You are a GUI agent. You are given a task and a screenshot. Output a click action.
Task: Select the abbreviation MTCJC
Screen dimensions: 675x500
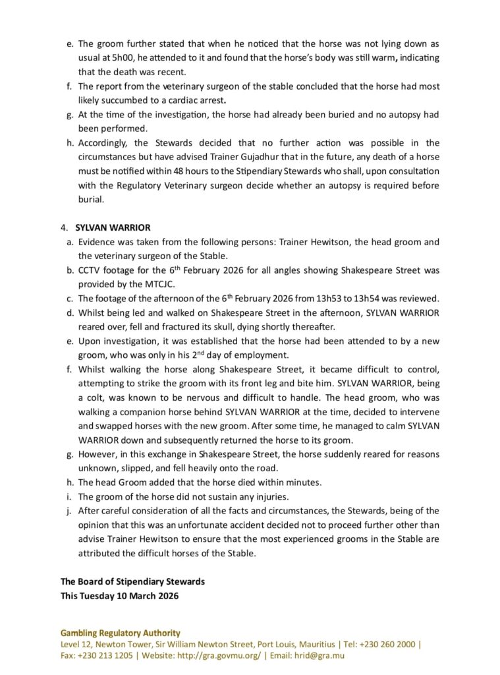point(165,284)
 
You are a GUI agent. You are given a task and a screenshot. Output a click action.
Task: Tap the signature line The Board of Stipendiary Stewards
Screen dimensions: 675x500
point(132,581)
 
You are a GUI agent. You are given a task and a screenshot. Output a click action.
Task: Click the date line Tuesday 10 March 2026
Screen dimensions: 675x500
point(132,596)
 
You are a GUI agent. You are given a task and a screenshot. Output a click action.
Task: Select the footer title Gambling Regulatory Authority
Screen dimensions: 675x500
point(121,633)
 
